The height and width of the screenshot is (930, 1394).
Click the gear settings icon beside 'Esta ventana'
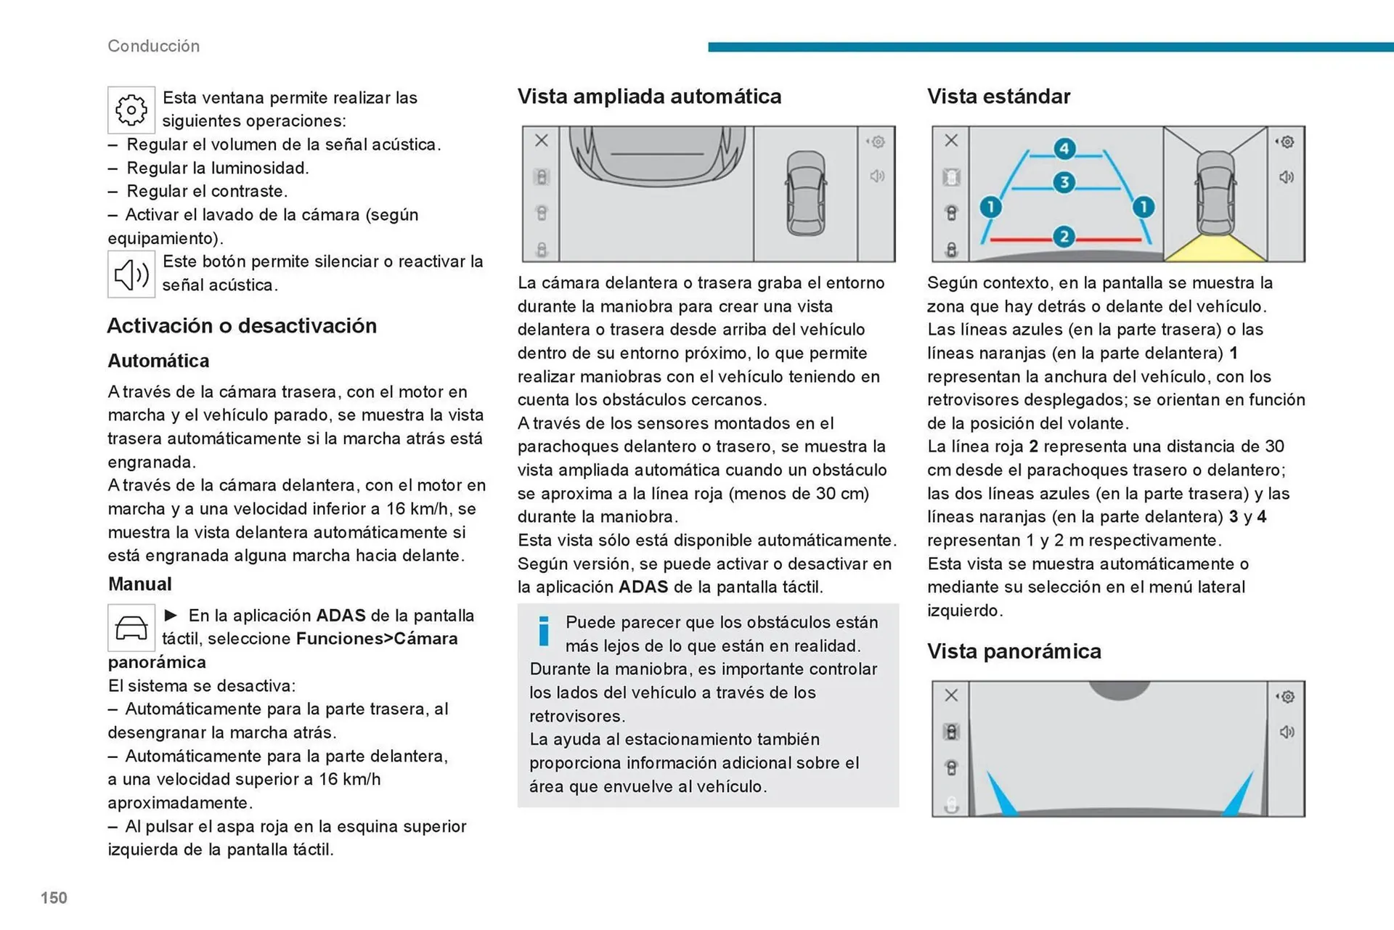click(131, 110)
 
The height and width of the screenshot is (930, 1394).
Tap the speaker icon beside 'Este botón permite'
click(131, 274)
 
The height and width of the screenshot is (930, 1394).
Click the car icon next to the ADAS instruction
click(131, 627)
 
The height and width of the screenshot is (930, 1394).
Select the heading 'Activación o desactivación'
click(242, 325)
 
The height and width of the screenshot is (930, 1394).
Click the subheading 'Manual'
click(140, 584)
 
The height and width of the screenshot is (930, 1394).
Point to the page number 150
click(54, 898)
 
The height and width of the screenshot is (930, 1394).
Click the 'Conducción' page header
click(153, 46)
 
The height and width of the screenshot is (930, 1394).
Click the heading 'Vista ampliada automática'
click(649, 97)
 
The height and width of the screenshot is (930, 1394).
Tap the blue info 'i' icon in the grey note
click(544, 631)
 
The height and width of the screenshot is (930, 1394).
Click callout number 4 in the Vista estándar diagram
click(1064, 149)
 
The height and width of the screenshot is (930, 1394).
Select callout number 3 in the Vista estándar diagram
click(1064, 182)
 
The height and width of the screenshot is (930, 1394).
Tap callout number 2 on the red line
click(1064, 237)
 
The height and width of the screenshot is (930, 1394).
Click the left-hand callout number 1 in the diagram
click(990, 208)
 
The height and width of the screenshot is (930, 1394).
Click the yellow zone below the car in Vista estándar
click(1215, 249)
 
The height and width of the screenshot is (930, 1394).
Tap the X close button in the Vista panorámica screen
click(951, 696)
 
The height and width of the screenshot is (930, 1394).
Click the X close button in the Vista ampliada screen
click(542, 141)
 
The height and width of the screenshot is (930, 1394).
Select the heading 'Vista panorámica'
click(1014, 651)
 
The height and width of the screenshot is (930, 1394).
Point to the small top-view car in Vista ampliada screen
click(806, 193)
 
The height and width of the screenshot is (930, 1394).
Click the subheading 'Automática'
click(158, 361)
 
